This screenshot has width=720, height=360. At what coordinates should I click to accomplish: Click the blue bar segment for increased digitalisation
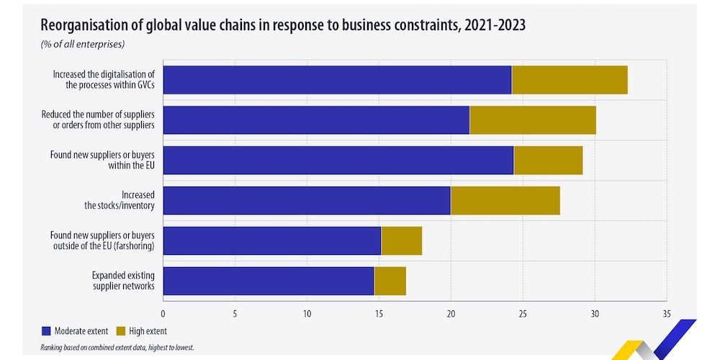pos(337,80)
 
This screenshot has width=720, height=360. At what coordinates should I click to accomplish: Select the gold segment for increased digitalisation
pos(570,80)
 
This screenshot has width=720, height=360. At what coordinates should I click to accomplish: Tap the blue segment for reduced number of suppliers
pos(316,120)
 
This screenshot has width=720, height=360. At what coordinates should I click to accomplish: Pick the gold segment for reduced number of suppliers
pos(533,120)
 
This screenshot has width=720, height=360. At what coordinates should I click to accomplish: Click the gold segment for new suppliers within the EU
pos(548,161)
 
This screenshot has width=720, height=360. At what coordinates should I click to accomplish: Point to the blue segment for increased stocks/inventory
pos(307,201)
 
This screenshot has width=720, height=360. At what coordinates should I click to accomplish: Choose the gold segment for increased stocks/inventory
pos(505,201)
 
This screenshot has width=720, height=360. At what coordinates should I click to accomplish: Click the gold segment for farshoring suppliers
pos(401,241)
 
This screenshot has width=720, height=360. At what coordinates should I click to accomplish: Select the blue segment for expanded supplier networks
pos(269,281)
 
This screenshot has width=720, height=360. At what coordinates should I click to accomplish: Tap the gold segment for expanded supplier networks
pos(390,281)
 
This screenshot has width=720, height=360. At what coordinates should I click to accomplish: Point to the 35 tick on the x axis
pos(667,314)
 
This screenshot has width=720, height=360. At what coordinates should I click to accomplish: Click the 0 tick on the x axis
pos(163,314)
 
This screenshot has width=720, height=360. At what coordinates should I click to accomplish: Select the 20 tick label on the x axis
pos(451,314)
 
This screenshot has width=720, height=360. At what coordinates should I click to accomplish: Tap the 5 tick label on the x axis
pos(235,314)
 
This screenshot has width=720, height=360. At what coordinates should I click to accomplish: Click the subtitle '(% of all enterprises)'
pos(83,45)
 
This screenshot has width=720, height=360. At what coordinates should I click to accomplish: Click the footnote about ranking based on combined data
pos(117,348)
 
